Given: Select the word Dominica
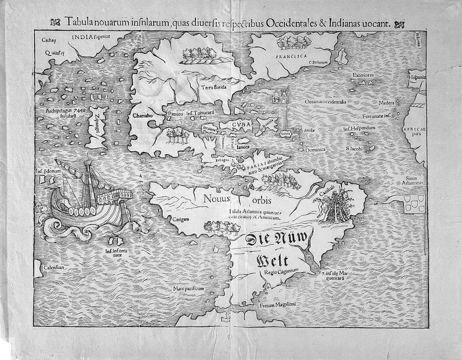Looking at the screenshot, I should pos(315,150).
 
